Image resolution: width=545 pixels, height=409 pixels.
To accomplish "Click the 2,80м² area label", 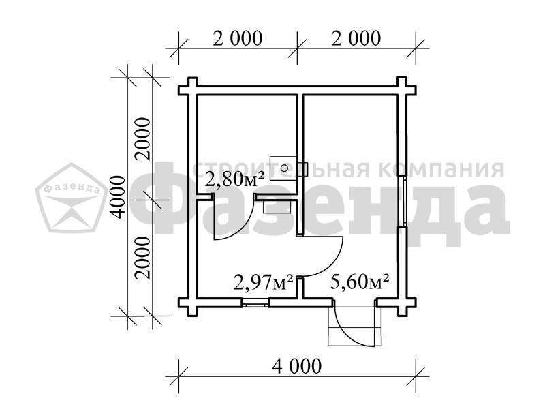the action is point(234,180).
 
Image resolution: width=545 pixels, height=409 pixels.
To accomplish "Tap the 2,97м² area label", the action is point(263,282).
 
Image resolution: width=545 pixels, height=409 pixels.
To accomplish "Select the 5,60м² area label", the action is point(360,282).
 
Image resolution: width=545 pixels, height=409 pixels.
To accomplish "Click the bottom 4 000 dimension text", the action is point(297,366).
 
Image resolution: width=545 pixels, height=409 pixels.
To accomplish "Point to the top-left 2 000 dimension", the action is point(237,38).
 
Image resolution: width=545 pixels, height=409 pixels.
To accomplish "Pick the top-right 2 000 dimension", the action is point(356,38).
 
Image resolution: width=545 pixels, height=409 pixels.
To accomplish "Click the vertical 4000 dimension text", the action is point(117,197).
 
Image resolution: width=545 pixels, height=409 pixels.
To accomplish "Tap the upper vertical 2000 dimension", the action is point(143,139).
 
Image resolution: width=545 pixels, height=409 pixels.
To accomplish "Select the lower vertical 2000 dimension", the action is point(143,258).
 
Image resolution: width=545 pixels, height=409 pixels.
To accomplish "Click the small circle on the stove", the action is point(284,168).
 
